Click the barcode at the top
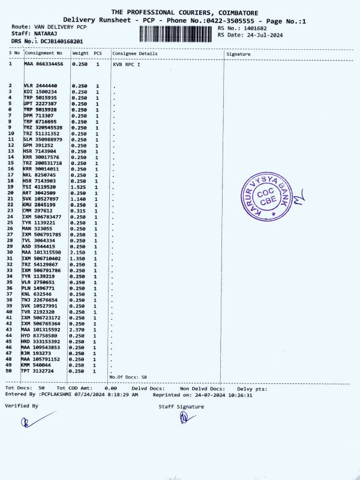[x=177, y=34]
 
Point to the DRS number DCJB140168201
[x=62, y=42]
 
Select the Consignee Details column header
[x=135, y=54]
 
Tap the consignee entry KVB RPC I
[x=126, y=64]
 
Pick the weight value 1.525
[x=80, y=187]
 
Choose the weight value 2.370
[x=80, y=329]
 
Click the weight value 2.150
[x=80, y=253]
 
